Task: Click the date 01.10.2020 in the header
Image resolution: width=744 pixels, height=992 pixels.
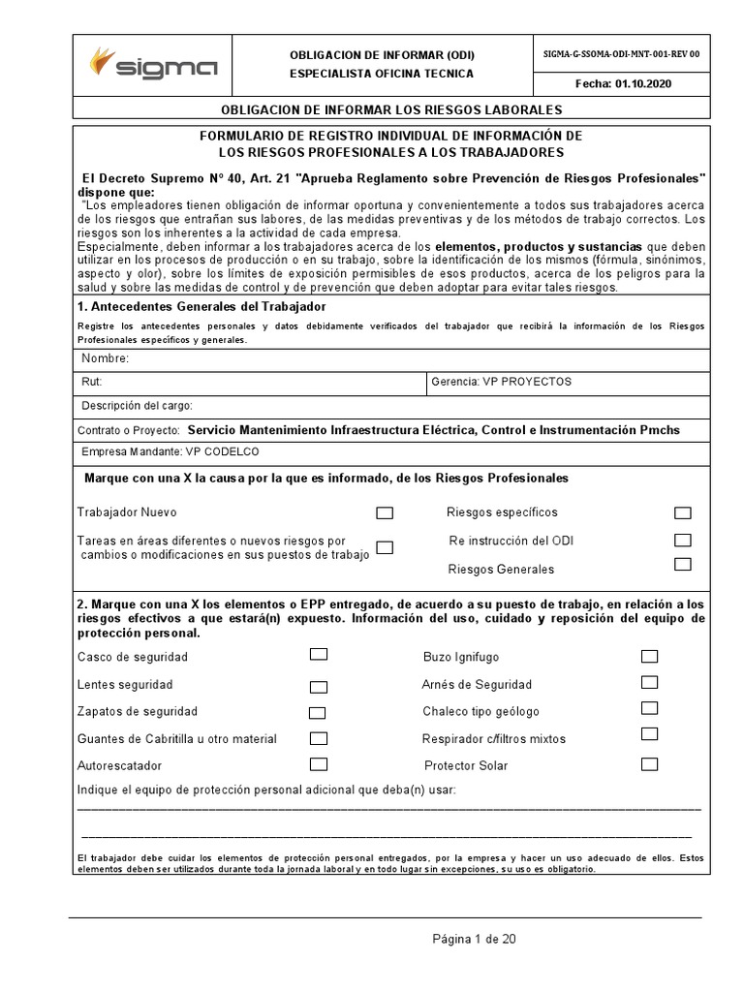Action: click(623, 83)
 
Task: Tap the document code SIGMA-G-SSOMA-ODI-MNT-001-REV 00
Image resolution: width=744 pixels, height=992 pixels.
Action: click(621, 54)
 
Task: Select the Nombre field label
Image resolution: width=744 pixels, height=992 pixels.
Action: click(105, 358)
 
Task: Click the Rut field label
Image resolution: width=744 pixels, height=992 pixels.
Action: click(91, 382)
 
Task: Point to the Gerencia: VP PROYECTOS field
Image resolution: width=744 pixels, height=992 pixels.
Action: click(502, 382)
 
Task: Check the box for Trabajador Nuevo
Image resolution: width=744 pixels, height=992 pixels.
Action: click(385, 512)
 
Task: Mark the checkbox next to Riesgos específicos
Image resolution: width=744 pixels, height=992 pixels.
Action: click(683, 512)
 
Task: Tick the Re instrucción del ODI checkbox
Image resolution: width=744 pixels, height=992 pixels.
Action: click(683, 540)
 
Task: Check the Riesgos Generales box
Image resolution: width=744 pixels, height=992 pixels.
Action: click(683, 565)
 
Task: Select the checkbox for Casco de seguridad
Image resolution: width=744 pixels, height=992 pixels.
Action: click(319, 655)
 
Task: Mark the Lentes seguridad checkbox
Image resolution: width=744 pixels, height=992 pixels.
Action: click(319, 687)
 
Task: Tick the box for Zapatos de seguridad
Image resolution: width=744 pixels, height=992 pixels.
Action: click(318, 713)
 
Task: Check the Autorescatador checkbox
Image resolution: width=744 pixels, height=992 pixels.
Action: click(319, 764)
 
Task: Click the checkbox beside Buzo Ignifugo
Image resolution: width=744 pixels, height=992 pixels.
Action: click(649, 656)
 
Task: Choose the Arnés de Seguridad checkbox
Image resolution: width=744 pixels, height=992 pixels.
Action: click(649, 683)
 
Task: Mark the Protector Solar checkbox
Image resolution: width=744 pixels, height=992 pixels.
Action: click(649, 764)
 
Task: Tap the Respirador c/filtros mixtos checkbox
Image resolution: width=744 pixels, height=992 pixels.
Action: click(649, 734)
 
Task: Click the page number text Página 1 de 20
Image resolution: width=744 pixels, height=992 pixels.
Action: click(480, 939)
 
